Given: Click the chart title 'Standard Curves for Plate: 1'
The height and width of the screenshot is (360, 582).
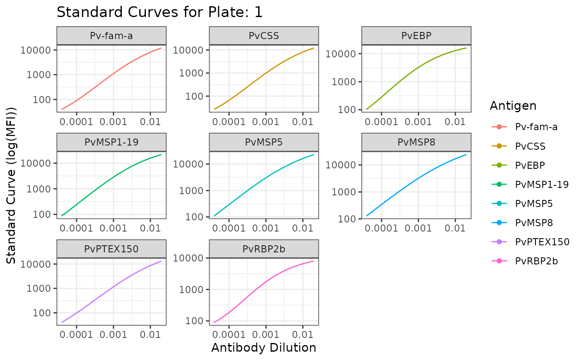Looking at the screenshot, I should [x=160, y=12].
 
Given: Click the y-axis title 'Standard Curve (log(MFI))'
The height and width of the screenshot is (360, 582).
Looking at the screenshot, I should [x=12, y=185].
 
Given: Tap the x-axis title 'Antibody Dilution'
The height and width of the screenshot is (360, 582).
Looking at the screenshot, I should [x=264, y=348].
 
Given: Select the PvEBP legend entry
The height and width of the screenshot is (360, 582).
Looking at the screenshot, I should [x=530, y=165].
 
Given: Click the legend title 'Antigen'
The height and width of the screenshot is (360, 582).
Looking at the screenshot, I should [x=513, y=106].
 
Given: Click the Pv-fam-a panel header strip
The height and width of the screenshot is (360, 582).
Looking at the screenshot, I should [x=111, y=36].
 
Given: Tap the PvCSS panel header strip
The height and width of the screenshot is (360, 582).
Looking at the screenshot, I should [x=264, y=36].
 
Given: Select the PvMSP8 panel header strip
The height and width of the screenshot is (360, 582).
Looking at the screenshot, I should [x=416, y=142].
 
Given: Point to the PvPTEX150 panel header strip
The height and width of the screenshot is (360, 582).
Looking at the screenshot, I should [x=111, y=249].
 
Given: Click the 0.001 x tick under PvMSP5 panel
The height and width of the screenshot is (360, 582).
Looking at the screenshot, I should [x=265, y=228].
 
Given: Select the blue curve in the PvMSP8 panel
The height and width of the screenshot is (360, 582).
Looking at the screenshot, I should [x=418, y=179].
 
